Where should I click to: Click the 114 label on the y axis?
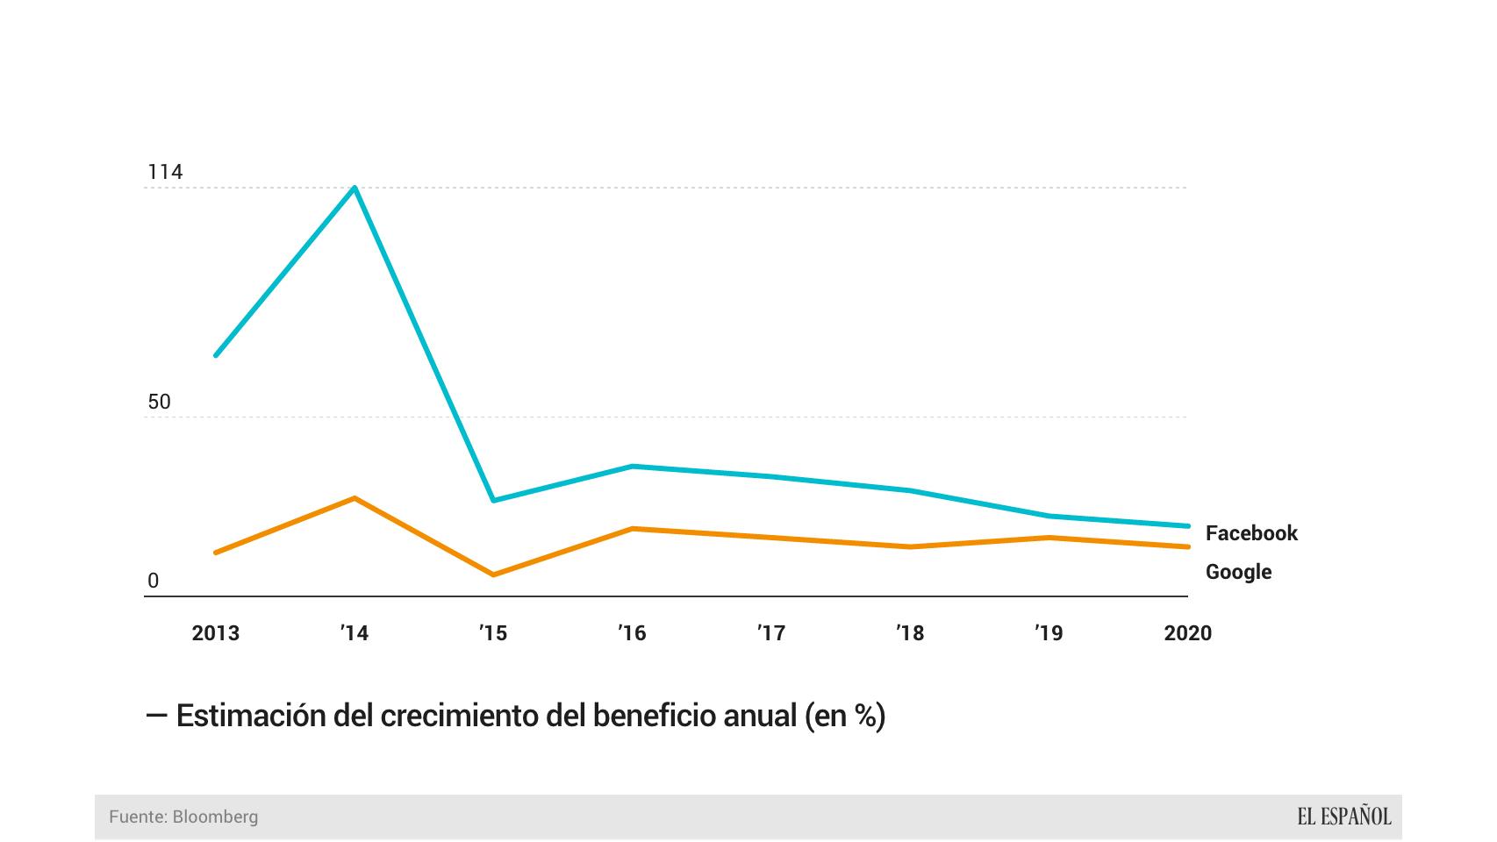click(165, 172)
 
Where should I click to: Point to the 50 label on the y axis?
click(159, 402)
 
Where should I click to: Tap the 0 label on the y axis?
click(154, 581)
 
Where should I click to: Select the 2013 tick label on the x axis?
click(215, 633)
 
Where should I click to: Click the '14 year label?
click(355, 633)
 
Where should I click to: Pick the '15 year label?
click(493, 633)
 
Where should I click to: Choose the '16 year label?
click(632, 633)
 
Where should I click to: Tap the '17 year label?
click(771, 633)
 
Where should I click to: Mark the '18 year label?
click(910, 633)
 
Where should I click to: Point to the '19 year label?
click(1049, 633)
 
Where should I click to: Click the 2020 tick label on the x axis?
click(1187, 633)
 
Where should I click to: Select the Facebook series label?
click(1251, 533)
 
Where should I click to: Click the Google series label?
click(1238, 572)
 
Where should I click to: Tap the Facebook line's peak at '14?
click(355, 188)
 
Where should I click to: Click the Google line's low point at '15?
click(493, 574)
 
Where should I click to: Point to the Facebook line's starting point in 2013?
click(216, 355)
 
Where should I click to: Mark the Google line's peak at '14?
click(355, 498)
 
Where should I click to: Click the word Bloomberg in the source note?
click(215, 817)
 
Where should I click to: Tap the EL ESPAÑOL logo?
click(1343, 817)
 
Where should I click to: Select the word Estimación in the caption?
click(252, 716)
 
